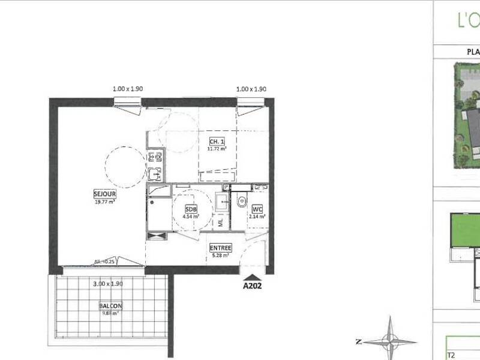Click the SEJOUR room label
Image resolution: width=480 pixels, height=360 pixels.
point(104,194)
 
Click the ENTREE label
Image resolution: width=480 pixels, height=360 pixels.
point(220,248)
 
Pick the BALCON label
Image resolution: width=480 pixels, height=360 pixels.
point(110,306)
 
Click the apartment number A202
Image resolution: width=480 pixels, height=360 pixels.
point(252,286)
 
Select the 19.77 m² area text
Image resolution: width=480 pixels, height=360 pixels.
point(104,202)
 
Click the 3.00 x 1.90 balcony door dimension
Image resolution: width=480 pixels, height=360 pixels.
point(107,284)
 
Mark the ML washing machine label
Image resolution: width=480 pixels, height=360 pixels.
point(221,223)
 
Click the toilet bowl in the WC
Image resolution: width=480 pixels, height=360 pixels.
point(241,202)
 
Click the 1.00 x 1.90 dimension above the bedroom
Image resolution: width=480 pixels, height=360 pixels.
point(251,89)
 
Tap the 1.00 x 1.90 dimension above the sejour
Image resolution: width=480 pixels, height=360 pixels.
point(128,89)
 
